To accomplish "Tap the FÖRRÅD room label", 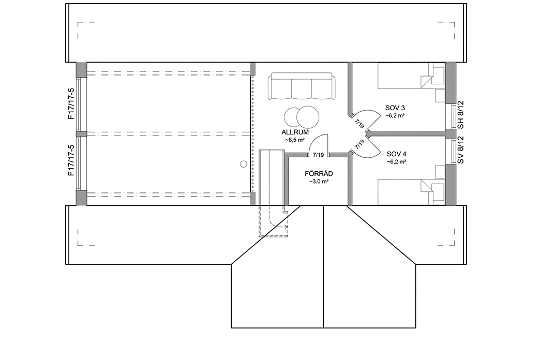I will [319, 174].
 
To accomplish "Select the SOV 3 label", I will [395, 108].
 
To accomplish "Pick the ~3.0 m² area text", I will [319, 182].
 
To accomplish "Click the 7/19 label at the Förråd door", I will [319, 155].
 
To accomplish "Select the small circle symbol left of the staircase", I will [244, 164].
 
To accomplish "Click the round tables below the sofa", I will [301, 116].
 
